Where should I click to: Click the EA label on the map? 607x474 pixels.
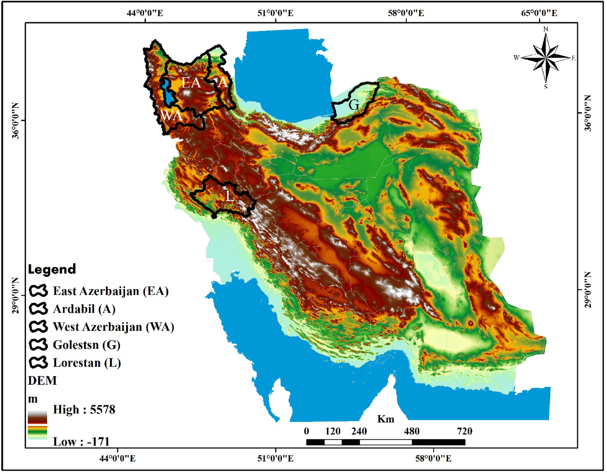point(191,83)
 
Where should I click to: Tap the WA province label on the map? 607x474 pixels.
point(171,116)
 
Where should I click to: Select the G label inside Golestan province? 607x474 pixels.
point(354,105)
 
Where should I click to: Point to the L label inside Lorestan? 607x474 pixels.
point(230,197)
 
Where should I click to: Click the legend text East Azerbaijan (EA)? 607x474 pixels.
point(111,291)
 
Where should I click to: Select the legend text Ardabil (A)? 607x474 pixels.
point(84,309)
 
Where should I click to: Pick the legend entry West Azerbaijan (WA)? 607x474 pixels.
point(113,327)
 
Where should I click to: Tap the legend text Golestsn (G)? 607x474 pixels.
point(86,345)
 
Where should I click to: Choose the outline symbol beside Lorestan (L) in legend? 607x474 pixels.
point(38,363)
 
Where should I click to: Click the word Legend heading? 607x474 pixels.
point(52,269)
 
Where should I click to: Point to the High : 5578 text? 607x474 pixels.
point(84,409)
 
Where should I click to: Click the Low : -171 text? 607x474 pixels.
point(81,441)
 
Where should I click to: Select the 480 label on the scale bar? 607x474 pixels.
point(412,431)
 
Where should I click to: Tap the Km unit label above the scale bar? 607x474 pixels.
point(385,419)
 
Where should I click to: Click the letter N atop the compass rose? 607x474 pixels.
point(546,29)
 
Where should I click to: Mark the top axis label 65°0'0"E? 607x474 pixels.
point(539,13)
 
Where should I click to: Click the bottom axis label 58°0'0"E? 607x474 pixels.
point(433,458)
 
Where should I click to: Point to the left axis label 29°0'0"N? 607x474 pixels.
point(15,295)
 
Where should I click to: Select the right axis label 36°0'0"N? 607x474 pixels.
point(588,113)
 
